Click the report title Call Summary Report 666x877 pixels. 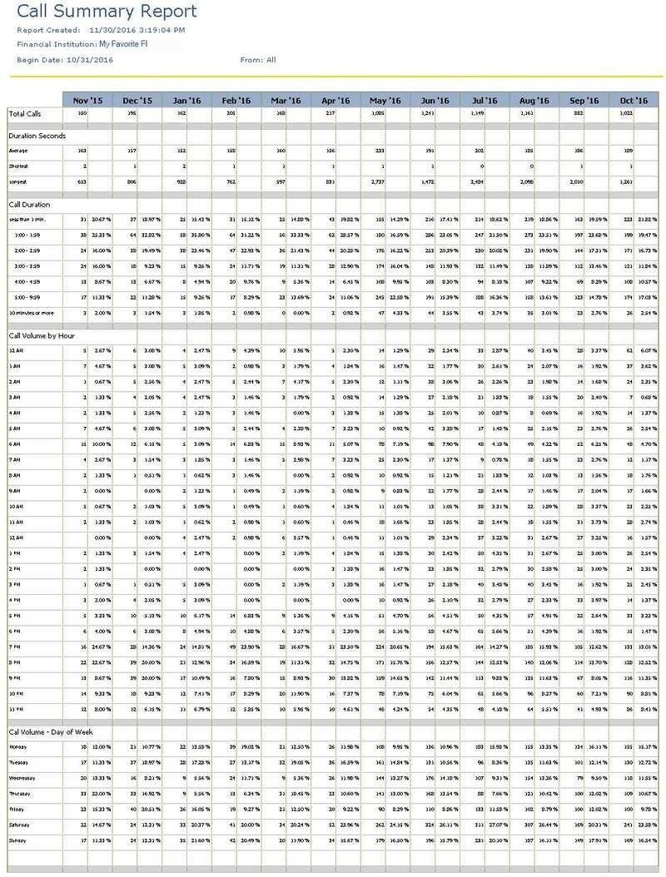(x=107, y=12)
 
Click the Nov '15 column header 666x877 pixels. (x=87, y=100)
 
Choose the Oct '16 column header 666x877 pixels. (x=633, y=100)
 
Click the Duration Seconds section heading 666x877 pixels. (x=37, y=135)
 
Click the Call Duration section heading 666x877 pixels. (x=29, y=204)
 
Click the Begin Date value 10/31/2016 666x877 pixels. (x=97, y=60)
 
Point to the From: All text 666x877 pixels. (x=258, y=60)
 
